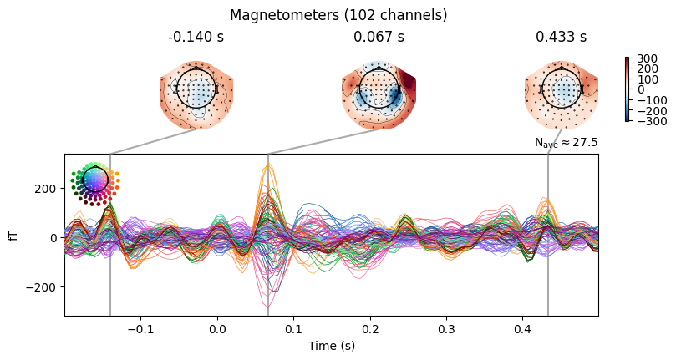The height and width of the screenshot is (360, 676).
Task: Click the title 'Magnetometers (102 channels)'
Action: click(338, 15)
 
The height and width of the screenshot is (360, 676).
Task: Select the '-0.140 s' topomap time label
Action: click(196, 37)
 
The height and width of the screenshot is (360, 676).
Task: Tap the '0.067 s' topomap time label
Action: click(379, 37)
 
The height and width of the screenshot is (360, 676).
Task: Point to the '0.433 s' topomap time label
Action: click(561, 37)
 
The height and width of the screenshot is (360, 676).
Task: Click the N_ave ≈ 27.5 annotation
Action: click(566, 144)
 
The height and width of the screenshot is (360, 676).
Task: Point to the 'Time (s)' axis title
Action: click(331, 345)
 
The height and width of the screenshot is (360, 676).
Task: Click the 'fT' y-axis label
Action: click(13, 236)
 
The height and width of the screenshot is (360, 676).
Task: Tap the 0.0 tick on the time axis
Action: click(217, 328)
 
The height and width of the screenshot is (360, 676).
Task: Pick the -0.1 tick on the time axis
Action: click(140, 328)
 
